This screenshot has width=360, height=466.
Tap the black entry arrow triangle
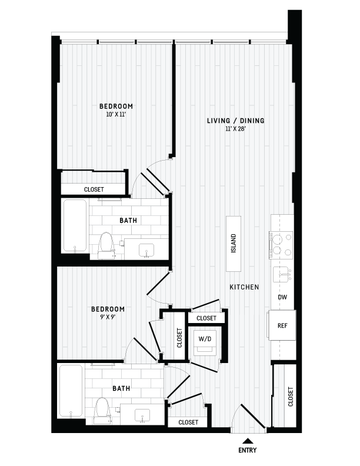[248, 441]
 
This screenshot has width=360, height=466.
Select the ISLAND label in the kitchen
[234, 243]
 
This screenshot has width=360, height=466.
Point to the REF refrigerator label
[282, 325]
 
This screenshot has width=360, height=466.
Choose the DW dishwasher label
[282, 298]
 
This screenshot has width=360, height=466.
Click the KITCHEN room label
[244, 287]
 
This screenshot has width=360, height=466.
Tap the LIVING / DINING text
[235, 121]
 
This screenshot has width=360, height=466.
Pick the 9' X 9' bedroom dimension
[108, 317]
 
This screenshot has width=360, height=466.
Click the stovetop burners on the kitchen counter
[281, 245]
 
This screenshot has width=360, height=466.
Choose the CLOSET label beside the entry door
[291, 396]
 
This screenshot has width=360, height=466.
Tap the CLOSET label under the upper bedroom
[94, 189]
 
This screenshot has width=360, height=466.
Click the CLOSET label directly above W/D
[206, 318]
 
